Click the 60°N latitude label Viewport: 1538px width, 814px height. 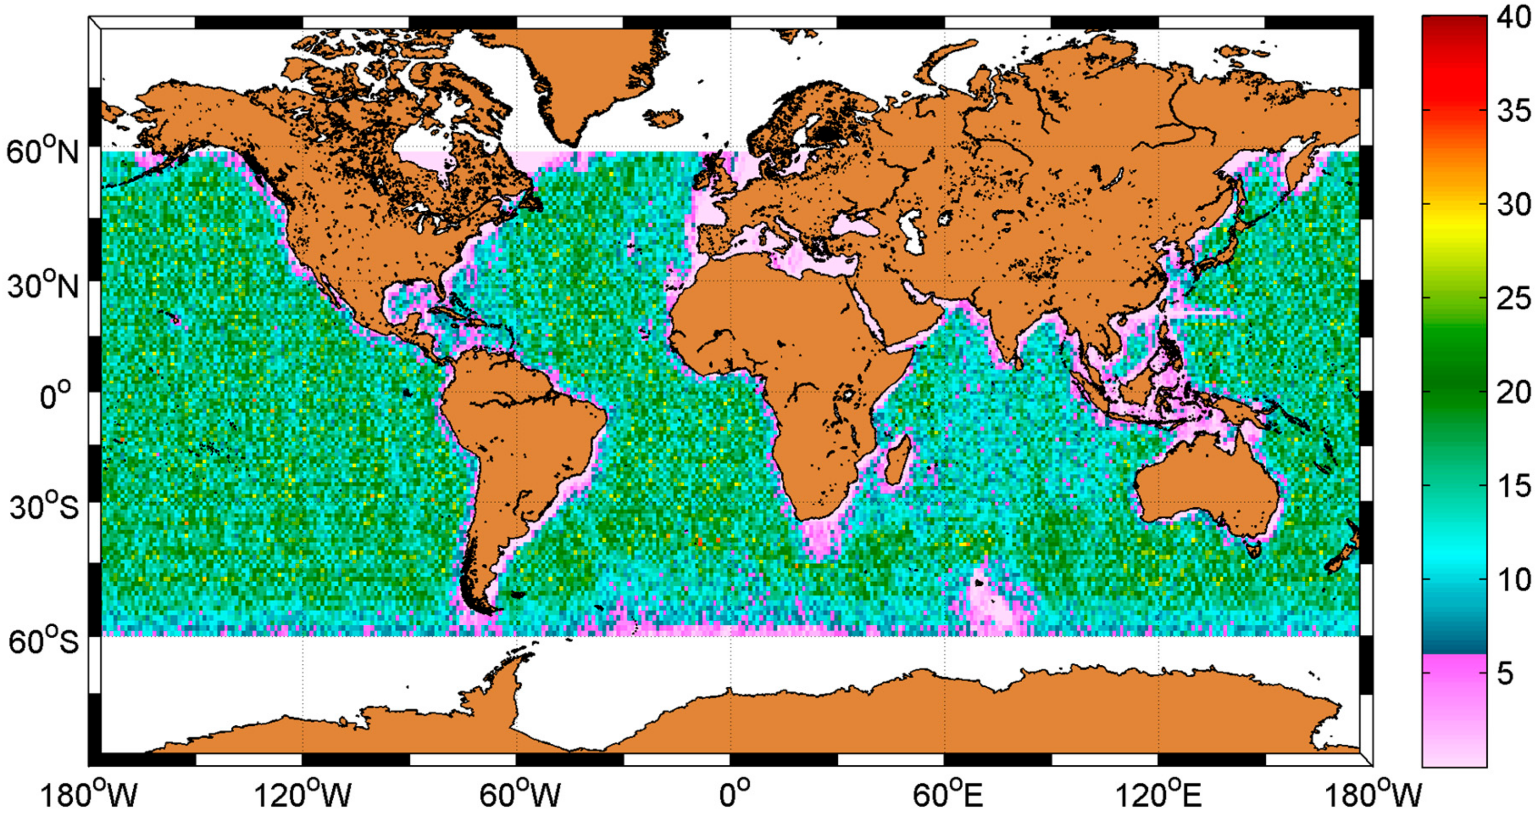(43, 152)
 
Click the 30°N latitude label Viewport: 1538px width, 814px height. (43, 286)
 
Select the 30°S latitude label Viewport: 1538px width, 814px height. (43, 507)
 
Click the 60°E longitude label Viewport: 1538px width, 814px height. (946, 795)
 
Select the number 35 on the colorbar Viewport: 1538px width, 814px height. (1513, 111)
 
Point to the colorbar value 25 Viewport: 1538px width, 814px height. (1513, 299)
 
